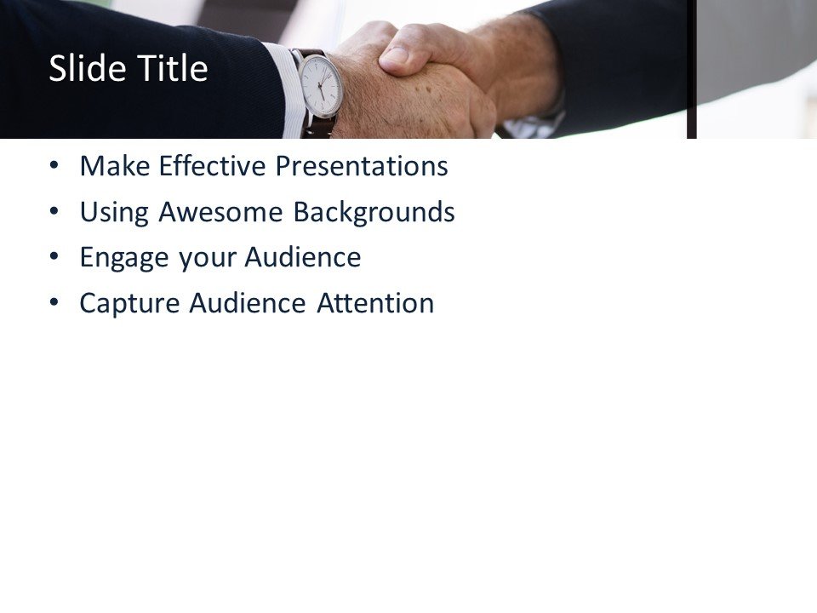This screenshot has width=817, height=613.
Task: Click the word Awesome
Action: click(222, 212)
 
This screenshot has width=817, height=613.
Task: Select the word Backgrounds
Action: click(374, 212)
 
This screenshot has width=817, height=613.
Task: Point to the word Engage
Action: click(125, 258)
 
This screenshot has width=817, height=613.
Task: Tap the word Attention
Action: click(375, 303)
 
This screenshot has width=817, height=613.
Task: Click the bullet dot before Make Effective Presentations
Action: click(55, 166)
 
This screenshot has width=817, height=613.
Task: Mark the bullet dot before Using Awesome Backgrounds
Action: click(55, 212)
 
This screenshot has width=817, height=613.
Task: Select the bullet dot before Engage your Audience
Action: click(55, 257)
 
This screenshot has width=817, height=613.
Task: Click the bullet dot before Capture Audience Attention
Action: click(55, 302)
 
